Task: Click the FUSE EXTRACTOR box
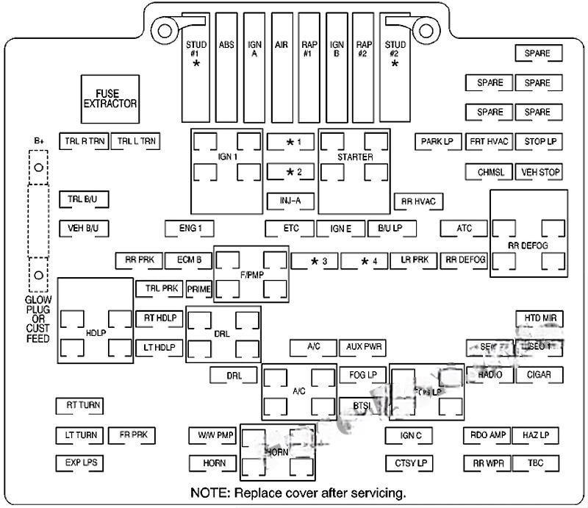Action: point(110,99)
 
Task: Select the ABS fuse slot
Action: point(226,66)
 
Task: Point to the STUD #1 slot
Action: point(196,66)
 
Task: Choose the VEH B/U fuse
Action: point(83,228)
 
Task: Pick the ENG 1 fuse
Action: point(190,228)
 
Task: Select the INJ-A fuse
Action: point(290,200)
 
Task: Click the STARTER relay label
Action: point(355,157)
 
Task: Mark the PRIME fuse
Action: point(198,289)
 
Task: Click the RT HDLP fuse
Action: point(159,318)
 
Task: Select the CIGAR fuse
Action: point(539,374)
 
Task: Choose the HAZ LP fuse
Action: point(537,435)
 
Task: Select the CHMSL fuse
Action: point(489,172)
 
